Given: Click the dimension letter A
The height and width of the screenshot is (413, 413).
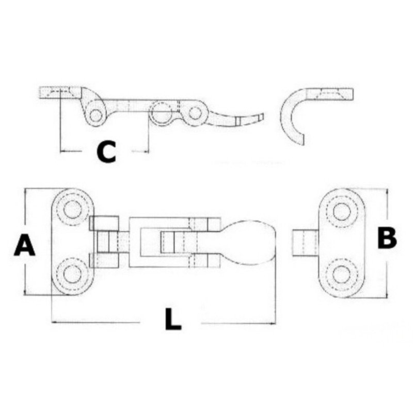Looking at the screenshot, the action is click(24, 245).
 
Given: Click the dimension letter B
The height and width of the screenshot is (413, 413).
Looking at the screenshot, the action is click(387, 238).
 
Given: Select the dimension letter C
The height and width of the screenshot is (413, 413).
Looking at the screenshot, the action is click(106, 152).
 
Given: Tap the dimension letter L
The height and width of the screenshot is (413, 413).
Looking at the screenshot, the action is click(173, 319).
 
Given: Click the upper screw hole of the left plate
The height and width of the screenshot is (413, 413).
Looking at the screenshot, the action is click(72, 209).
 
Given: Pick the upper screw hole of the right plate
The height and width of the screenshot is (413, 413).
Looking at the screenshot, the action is click(342, 212).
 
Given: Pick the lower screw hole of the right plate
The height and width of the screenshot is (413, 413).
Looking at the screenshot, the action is click(342, 275).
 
